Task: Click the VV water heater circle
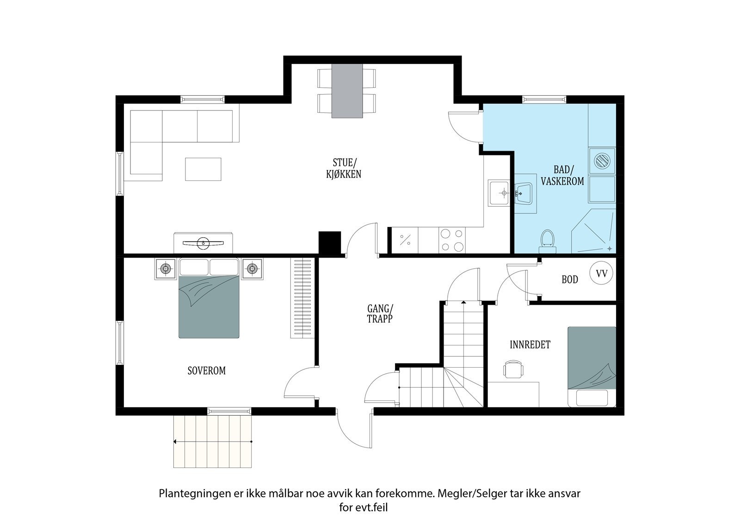click(601, 273)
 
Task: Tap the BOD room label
click(570, 279)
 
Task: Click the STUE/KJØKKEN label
click(344, 168)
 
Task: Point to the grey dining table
click(347, 91)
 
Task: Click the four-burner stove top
click(452, 240)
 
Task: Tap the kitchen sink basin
click(499, 193)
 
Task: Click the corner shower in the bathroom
click(594, 231)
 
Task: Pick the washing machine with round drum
click(602, 161)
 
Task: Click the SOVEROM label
click(206, 371)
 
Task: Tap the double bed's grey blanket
click(209, 307)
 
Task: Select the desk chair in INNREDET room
click(513, 369)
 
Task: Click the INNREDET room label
click(530, 345)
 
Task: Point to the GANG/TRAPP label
click(380, 314)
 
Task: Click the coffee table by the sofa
click(203, 169)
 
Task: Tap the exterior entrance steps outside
click(212, 442)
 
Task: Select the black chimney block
click(329, 242)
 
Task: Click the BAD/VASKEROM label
click(562, 175)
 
